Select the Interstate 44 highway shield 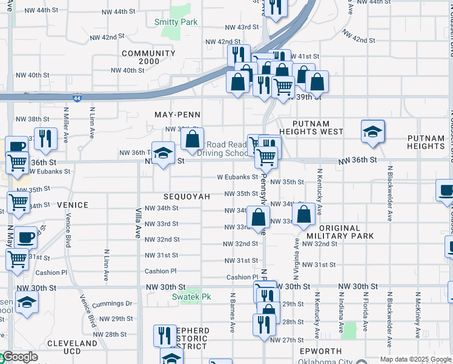coord(77,97)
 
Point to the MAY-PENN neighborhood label coord(177,115)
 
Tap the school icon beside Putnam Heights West coord(372,132)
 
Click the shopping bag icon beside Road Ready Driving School coord(192,139)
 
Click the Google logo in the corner coord(19,357)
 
